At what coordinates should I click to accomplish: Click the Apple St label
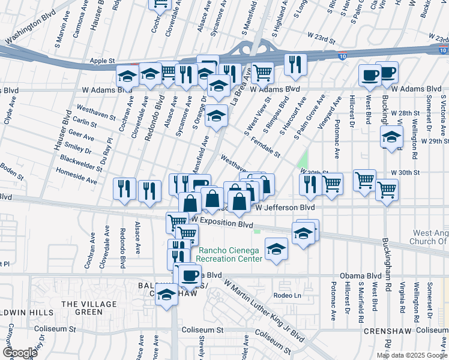pos(102,61)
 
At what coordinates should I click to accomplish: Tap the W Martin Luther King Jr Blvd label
pos(264,308)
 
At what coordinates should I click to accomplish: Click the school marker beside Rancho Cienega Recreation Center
pos(276,249)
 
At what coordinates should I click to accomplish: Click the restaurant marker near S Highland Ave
pos(295,64)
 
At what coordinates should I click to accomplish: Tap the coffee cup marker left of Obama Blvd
pos(190,275)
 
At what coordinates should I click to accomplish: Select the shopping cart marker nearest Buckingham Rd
pos(387,190)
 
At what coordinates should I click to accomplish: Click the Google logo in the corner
pos(20,353)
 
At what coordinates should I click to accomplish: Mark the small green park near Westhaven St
pos(303,160)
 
